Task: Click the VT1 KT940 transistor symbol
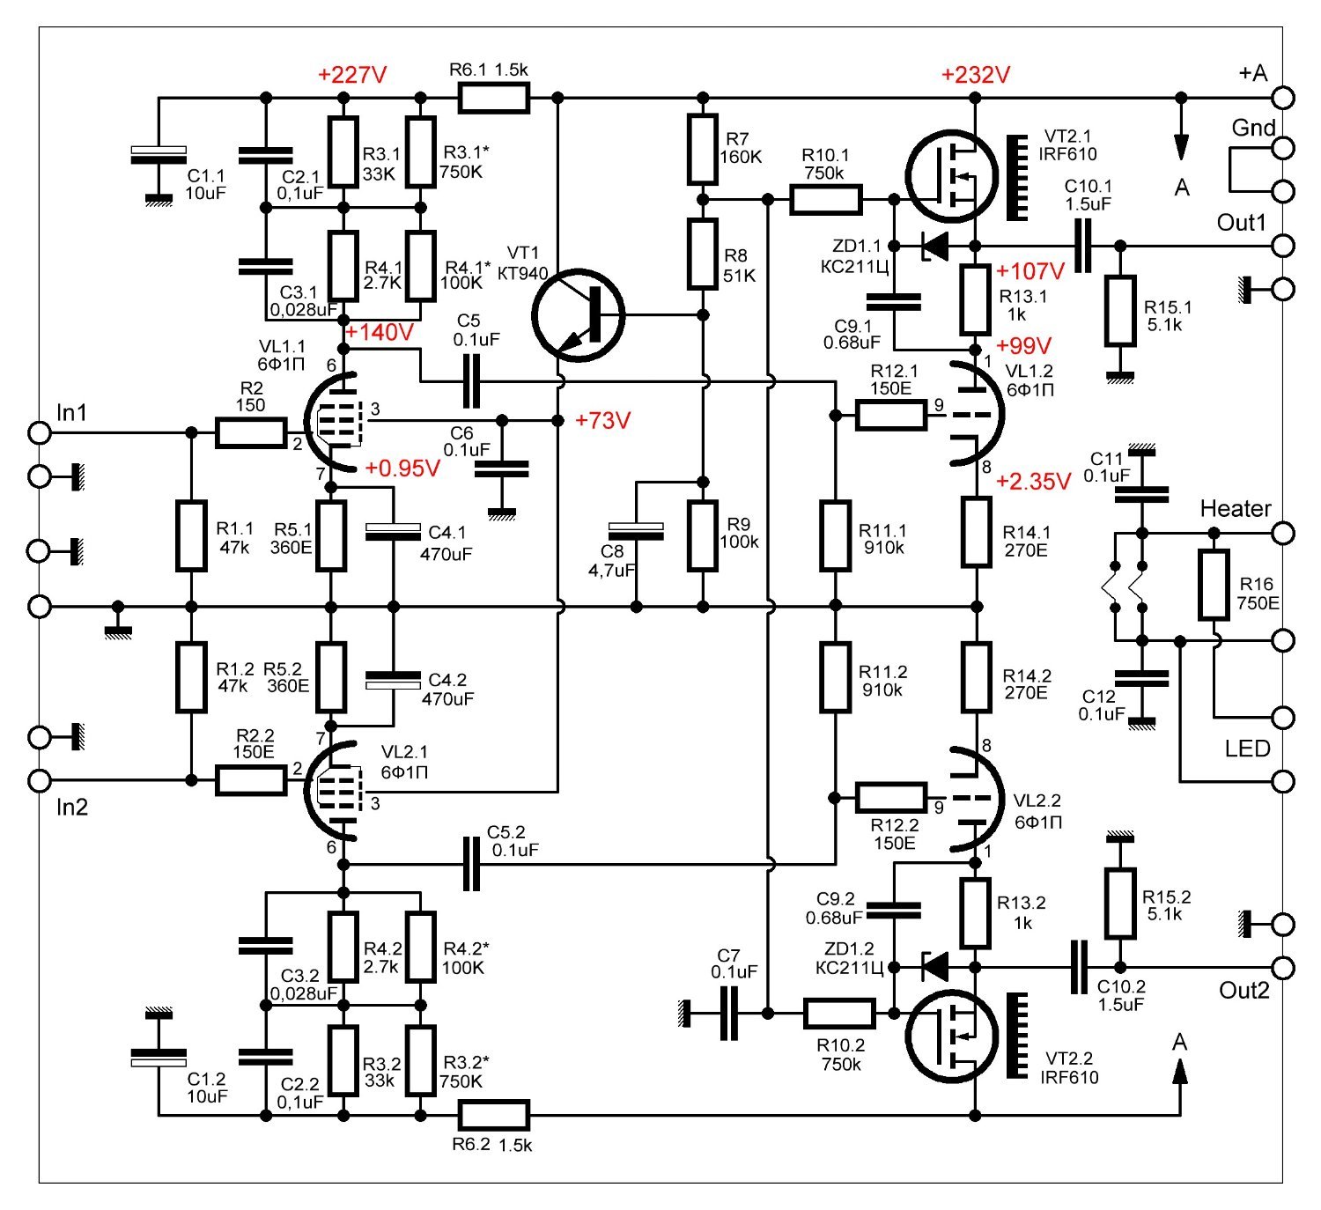[x=578, y=314]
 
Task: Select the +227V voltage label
[x=352, y=74]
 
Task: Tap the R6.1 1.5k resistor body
[x=493, y=98]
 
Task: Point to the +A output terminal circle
[x=1283, y=97]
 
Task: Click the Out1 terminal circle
[x=1283, y=245]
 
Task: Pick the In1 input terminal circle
[x=40, y=432]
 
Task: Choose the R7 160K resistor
[x=702, y=150]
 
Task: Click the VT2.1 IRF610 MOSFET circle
[x=953, y=176]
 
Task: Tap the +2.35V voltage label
[x=1033, y=482]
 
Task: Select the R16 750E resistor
[x=1214, y=585]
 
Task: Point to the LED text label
[x=1247, y=749]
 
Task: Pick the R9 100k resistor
[x=702, y=535]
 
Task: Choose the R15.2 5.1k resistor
[x=1119, y=904]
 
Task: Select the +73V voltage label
[x=602, y=421]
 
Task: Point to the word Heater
[x=1235, y=508]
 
